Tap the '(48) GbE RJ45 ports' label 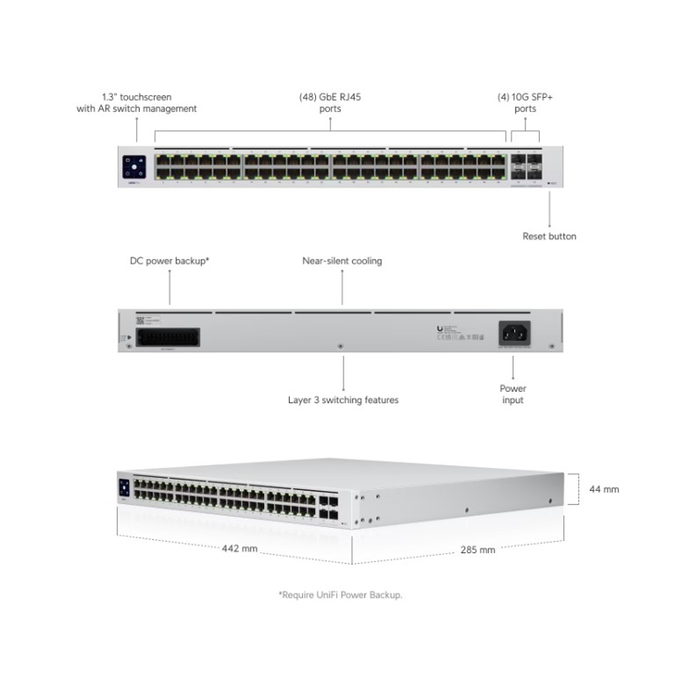coord(330,103)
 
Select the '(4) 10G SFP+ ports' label coord(525,103)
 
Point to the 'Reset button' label coord(549,236)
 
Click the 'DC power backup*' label coord(169,261)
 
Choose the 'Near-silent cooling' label coord(342,261)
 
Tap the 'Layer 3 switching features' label coord(343,400)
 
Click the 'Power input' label coord(512,394)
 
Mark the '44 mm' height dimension coord(604,489)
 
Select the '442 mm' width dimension coord(239,549)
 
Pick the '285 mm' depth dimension coord(478,550)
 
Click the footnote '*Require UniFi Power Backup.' coord(340,595)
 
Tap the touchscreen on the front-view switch coord(134,167)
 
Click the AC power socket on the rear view coord(514,334)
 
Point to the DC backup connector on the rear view coord(168,337)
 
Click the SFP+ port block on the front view coord(526,167)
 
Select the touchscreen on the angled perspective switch coord(124,488)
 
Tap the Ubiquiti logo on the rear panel coord(440,329)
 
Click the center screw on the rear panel coord(340,346)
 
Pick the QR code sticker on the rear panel coord(140,320)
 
